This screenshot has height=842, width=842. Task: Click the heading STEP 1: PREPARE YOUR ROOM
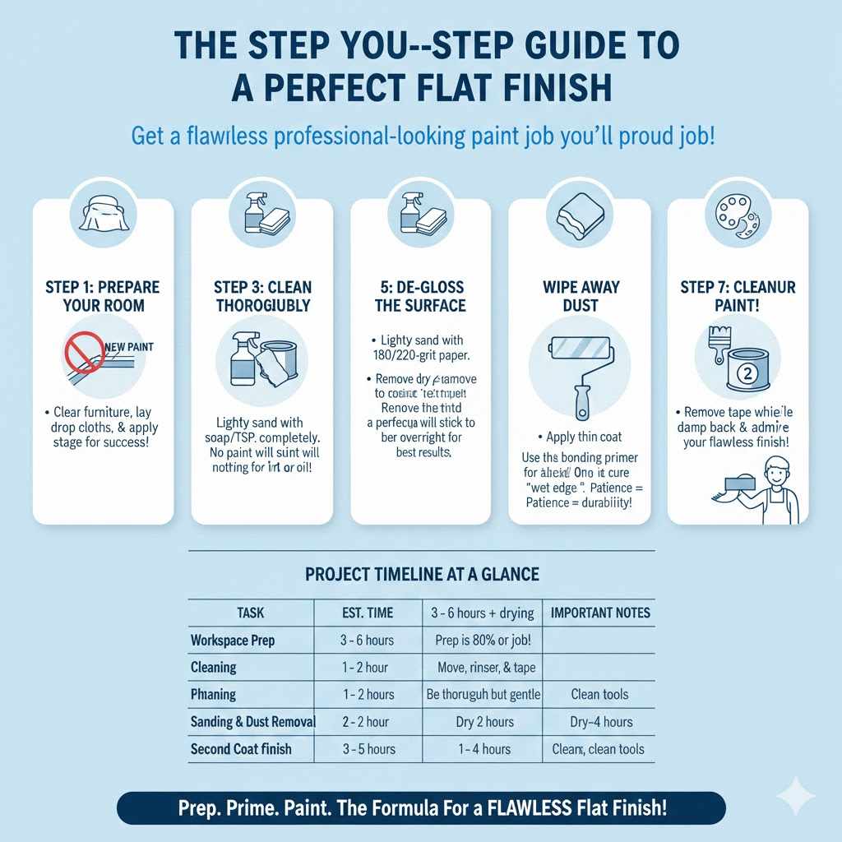pos(104,297)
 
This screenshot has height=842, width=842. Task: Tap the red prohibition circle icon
pos(84,354)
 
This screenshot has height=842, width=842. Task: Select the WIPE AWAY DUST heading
pos(580,297)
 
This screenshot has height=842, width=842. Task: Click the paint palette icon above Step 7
pos(738,215)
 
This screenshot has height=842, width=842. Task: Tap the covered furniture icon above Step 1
pos(102,215)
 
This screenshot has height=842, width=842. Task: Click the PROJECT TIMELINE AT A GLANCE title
pos(422,574)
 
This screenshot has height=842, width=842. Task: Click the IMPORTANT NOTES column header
pos(600,613)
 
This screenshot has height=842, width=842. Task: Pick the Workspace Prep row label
pos(233,640)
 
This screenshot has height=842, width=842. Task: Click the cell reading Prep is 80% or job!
pos(482,640)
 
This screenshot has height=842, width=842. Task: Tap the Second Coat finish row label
pos(241,749)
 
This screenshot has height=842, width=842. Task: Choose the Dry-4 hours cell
pos(601,722)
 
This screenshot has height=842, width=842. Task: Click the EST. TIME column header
pos(368,613)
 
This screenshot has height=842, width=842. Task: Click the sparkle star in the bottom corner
pos(795,797)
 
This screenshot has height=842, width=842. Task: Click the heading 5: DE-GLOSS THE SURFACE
pos(420,297)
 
